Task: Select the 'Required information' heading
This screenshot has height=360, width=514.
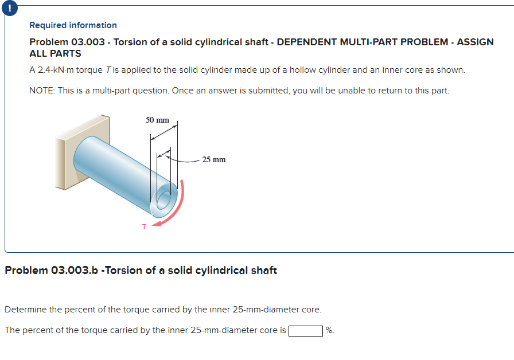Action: click(x=73, y=25)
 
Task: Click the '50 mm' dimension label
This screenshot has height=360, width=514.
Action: click(x=157, y=120)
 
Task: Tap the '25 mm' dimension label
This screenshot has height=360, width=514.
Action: click(x=214, y=159)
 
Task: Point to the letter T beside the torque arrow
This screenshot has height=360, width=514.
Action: click(x=144, y=226)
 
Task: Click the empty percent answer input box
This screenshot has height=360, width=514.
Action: click(x=305, y=330)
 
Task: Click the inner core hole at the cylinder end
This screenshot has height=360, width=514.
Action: click(x=163, y=201)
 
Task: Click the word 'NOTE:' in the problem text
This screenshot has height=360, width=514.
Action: click(x=42, y=91)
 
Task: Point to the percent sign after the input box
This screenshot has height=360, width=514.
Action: click(x=329, y=330)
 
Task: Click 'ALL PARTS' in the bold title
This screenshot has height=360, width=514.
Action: click(x=55, y=53)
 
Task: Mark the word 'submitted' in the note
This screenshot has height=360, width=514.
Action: click(x=269, y=91)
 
